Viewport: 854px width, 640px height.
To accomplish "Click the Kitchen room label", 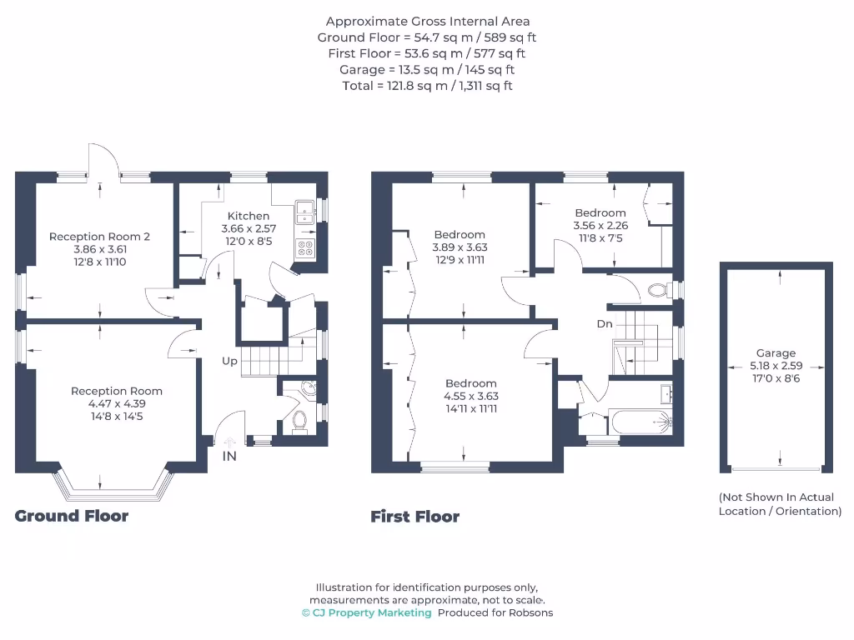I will [x=249, y=216].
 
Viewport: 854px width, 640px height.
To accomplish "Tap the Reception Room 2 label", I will [x=99, y=237].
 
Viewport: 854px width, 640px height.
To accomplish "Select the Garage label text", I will [x=776, y=353].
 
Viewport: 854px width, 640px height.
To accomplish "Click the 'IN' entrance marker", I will [x=229, y=456].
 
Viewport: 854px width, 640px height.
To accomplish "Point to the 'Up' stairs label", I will [x=229, y=362].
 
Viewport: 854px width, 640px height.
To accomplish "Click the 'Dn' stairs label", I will [x=605, y=323].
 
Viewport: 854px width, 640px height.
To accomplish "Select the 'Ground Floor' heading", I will [x=72, y=516].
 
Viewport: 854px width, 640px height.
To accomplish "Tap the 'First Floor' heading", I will [x=414, y=517].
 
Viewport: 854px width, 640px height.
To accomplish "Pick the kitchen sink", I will [x=304, y=208].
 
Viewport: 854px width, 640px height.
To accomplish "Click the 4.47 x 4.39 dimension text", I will [x=117, y=403].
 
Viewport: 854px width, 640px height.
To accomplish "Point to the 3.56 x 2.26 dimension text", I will [x=600, y=225].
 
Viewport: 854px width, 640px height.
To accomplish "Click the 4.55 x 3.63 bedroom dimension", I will [x=470, y=397].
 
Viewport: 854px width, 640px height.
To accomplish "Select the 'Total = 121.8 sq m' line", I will [x=427, y=86].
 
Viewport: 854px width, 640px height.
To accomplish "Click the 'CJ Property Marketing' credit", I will [x=367, y=612].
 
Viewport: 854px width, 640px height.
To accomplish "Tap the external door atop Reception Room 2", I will [x=101, y=163].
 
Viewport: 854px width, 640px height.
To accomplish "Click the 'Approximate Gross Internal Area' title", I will [x=427, y=22].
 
